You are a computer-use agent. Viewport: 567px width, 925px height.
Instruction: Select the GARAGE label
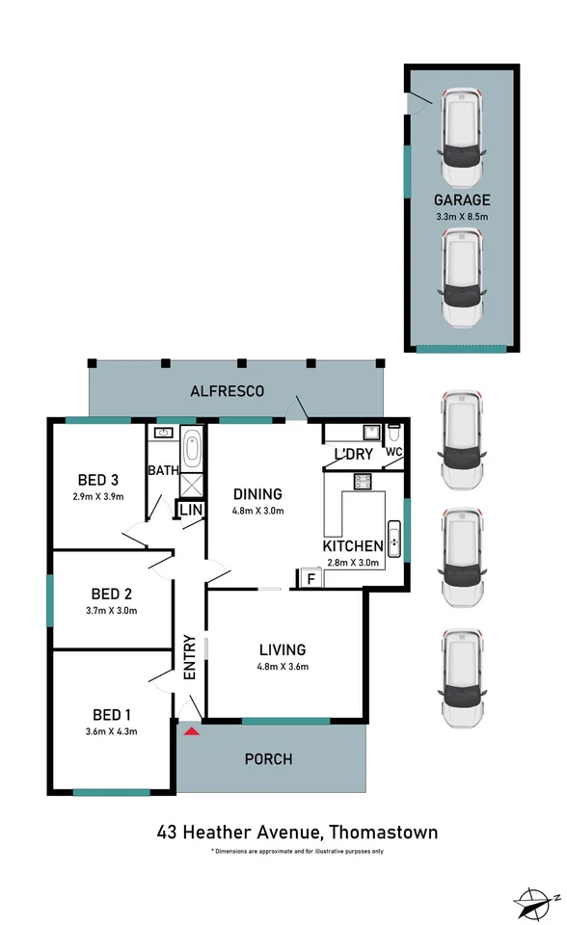461,200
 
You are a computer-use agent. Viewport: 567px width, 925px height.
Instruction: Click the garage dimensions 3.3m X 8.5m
461,217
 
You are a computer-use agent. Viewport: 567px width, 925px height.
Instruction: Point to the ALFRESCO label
227,391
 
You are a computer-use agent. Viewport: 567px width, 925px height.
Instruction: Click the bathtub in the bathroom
191,450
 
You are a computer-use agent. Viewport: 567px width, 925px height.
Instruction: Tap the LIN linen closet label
189,509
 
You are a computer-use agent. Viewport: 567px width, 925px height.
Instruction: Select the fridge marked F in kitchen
310,578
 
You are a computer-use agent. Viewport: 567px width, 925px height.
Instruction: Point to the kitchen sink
392,536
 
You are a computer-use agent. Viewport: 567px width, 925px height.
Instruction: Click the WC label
393,451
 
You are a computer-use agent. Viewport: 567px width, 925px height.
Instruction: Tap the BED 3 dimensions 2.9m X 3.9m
98,497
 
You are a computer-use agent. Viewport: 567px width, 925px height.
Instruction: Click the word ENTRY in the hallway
190,658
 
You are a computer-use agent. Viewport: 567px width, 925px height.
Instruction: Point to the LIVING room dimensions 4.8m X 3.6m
282,666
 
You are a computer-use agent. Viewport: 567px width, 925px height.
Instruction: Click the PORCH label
269,759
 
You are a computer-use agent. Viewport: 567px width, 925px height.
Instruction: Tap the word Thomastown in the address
384,832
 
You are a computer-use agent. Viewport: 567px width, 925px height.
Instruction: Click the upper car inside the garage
461,139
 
